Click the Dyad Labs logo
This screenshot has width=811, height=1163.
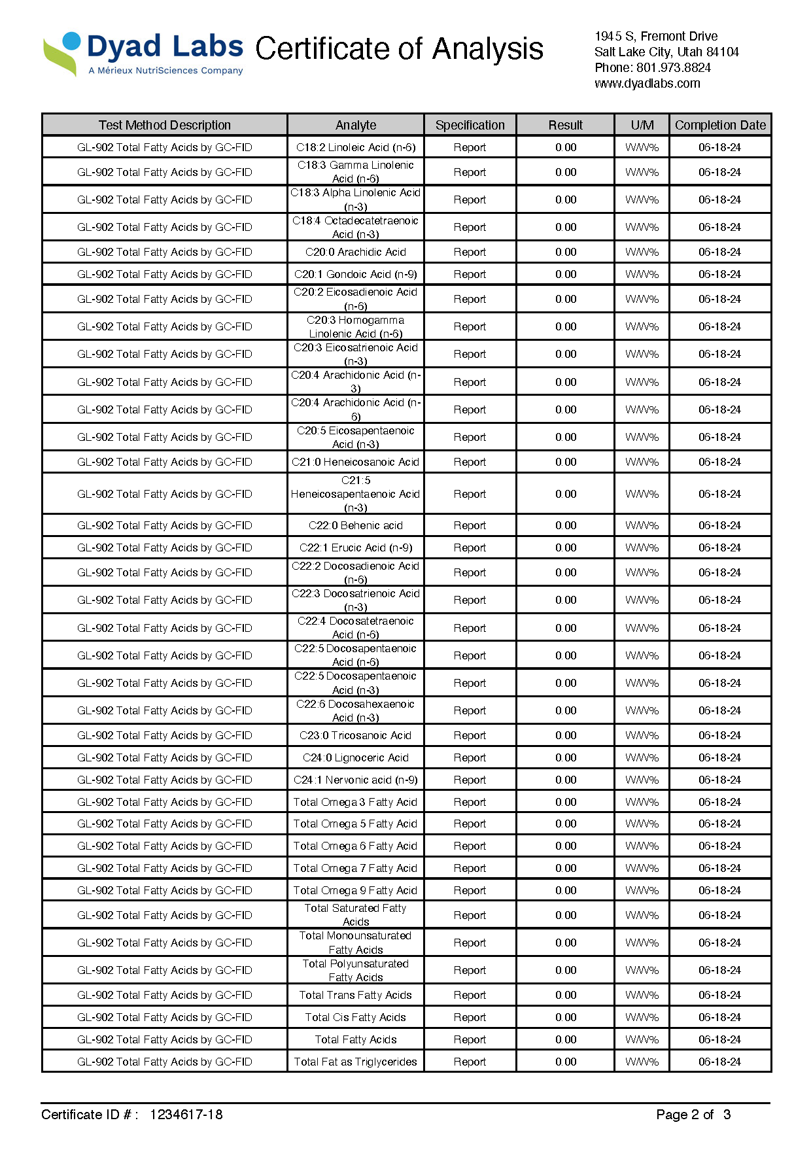[x=143, y=53]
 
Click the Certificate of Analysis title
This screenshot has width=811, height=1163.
[x=399, y=49]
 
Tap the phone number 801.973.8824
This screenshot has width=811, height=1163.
[x=673, y=67]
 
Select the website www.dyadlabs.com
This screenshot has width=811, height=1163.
[x=647, y=83]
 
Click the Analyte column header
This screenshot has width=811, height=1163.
[x=356, y=125]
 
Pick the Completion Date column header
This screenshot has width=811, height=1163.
[x=720, y=125]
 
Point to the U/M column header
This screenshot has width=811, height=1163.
[x=642, y=125]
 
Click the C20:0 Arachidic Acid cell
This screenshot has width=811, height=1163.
[x=356, y=252]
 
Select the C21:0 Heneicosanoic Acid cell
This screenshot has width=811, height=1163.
[x=356, y=462]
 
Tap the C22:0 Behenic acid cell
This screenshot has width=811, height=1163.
[x=356, y=525]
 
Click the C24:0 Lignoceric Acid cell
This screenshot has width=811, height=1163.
[x=356, y=757]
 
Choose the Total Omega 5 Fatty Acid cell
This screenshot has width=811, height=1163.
[x=356, y=824]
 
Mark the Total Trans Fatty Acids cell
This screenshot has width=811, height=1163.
[x=356, y=995]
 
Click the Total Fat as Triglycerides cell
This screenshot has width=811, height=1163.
[x=356, y=1062]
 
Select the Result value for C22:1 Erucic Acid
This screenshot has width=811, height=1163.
[x=566, y=547]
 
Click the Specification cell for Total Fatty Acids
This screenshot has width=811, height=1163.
[x=470, y=1039]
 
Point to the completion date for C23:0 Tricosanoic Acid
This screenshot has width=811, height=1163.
[x=719, y=735]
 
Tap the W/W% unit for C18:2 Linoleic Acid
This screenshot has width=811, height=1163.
[x=642, y=147]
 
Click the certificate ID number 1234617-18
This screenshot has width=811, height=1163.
[x=186, y=1115]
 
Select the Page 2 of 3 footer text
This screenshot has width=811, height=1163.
[x=693, y=1115]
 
